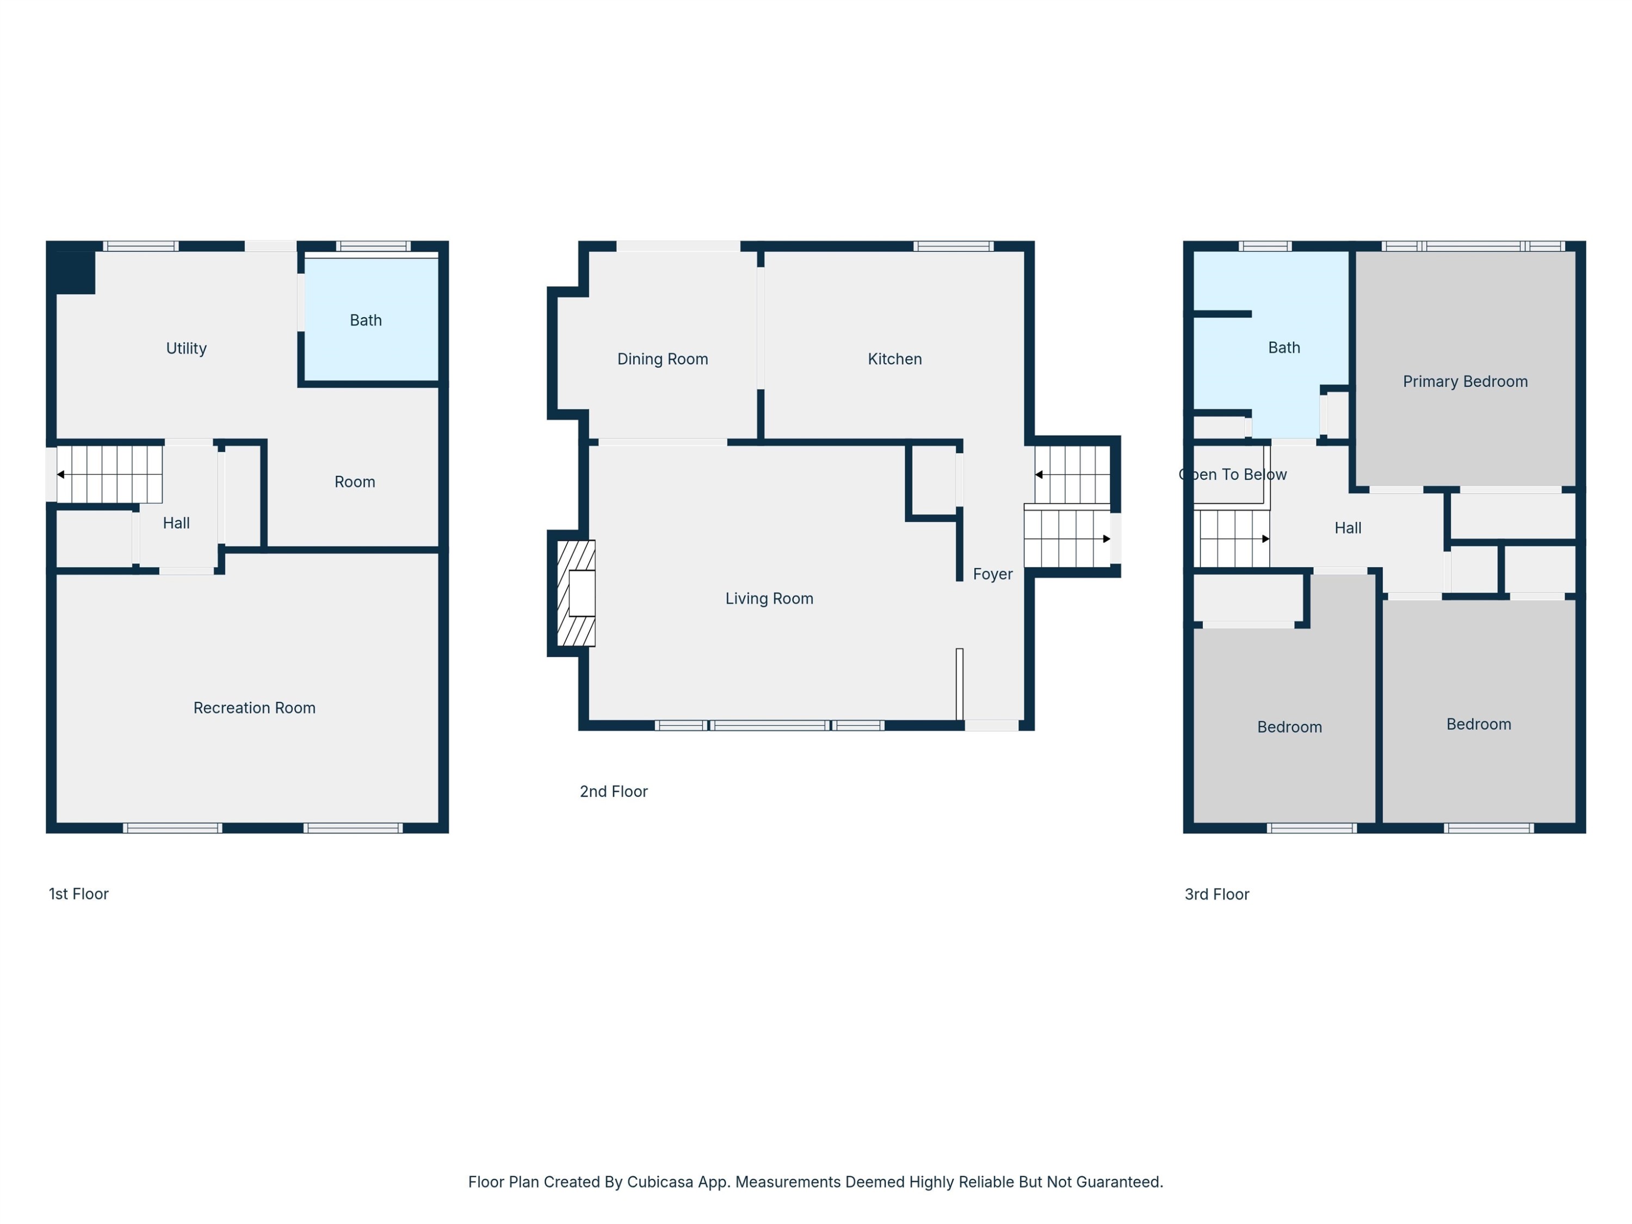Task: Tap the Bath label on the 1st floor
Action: [x=365, y=320]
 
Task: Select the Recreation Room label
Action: [x=255, y=708]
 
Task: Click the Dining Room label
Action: [x=663, y=359]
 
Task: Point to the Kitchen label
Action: [x=894, y=359]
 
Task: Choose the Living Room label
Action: [x=769, y=599]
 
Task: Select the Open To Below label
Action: [x=1232, y=475]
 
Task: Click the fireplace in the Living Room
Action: [x=576, y=593]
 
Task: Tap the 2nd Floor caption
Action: [x=613, y=792]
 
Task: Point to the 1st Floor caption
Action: [x=78, y=894]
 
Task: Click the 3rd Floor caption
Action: [x=1216, y=895]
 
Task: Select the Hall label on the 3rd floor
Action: [x=1348, y=528]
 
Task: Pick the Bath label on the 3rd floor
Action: [x=1284, y=348]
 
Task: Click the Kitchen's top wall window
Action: [x=953, y=246]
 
